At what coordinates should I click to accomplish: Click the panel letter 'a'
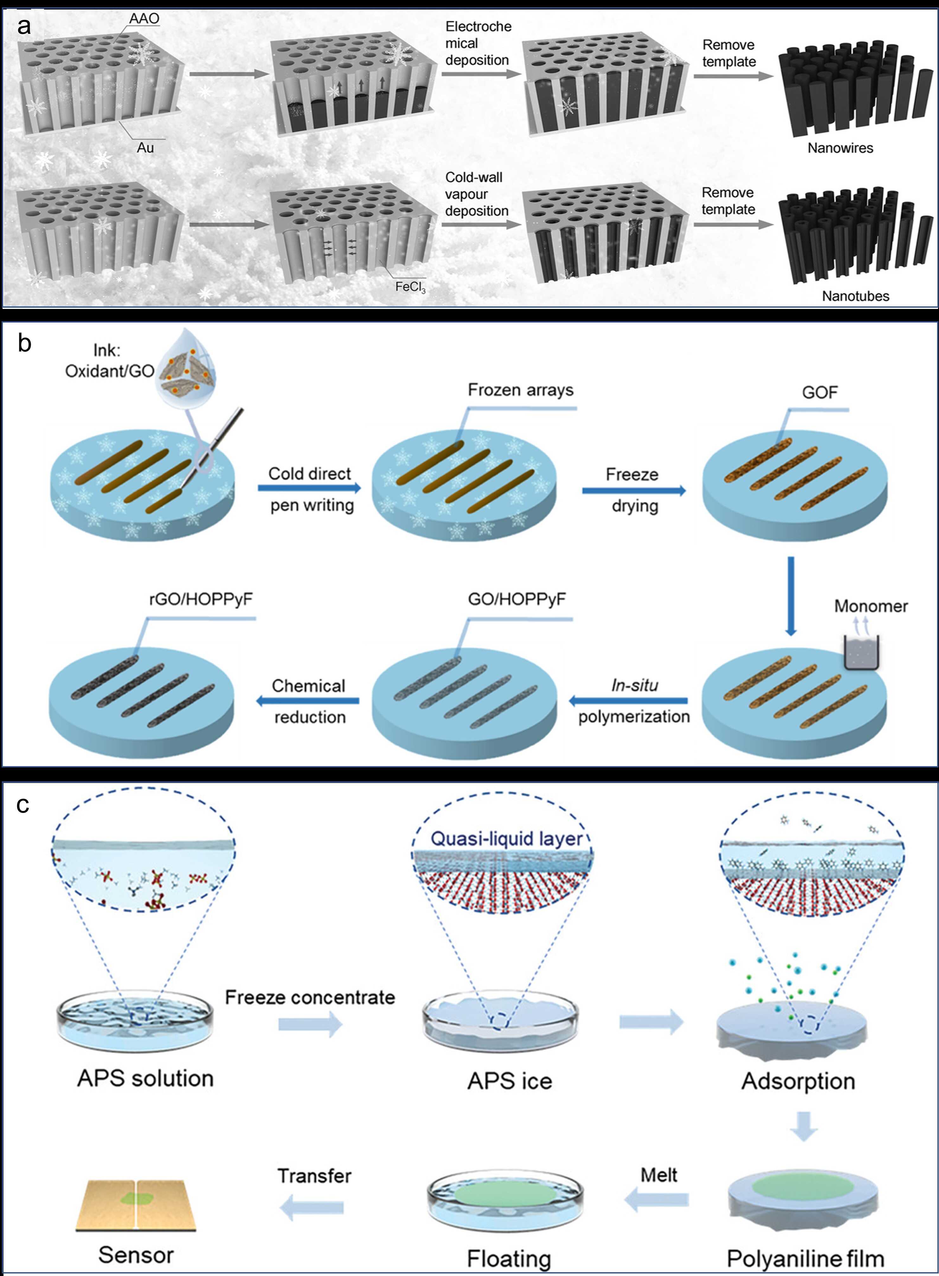(x=23, y=26)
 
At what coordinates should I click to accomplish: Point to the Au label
(x=145, y=148)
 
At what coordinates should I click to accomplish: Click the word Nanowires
(x=840, y=148)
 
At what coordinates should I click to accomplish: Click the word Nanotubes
(x=855, y=296)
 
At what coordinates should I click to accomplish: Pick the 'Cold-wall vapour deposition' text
(x=476, y=194)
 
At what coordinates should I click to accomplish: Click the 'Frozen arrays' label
(x=520, y=390)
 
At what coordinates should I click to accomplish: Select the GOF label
(x=820, y=392)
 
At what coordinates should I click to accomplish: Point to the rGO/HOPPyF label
(x=201, y=599)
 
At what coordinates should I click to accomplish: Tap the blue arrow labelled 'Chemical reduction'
(x=308, y=701)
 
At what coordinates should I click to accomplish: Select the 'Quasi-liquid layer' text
(x=507, y=839)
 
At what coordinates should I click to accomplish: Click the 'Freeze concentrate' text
(x=310, y=997)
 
